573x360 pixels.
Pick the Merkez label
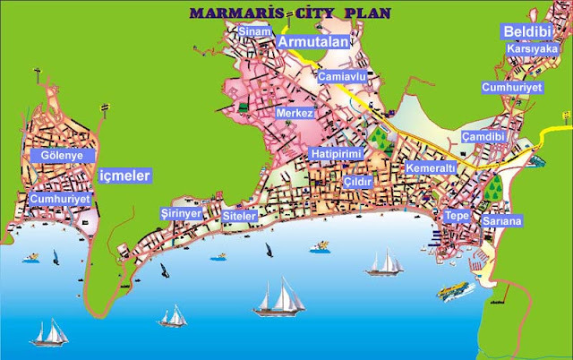click(x=295, y=115)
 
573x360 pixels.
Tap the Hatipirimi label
click(x=337, y=155)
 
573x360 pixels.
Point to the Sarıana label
click(x=501, y=219)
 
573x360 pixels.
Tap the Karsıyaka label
click(x=531, y=50)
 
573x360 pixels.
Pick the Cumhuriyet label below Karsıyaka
click(x=513, y=88)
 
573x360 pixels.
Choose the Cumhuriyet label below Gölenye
click(x=60, y=198)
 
